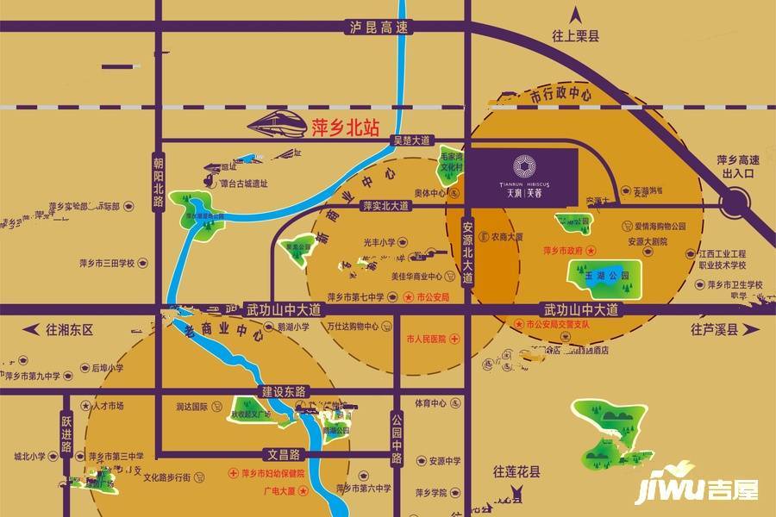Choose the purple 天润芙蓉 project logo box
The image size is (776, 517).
pos(523,177)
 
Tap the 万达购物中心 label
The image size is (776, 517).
pos(359,327)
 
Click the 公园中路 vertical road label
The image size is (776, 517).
pos(397,436)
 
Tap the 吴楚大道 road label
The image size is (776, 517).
pos(412,140)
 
